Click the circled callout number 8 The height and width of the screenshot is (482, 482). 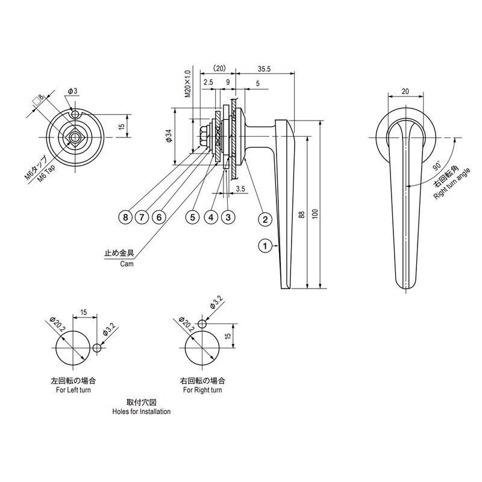coord(125,218)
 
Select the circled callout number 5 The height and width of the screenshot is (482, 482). coord(192,218)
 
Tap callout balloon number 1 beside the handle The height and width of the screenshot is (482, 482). coord(265,246)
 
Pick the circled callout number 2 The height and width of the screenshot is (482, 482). coord(265,219)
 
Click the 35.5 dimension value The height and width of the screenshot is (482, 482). coord(264,69)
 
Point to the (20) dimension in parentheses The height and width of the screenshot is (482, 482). coord(219,68)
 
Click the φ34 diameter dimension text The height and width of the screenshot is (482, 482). coord(169,136)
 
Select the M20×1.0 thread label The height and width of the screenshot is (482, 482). coord(187,84)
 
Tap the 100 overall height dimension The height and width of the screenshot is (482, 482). coord(315,214)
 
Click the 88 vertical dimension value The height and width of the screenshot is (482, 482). coord(302,214)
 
